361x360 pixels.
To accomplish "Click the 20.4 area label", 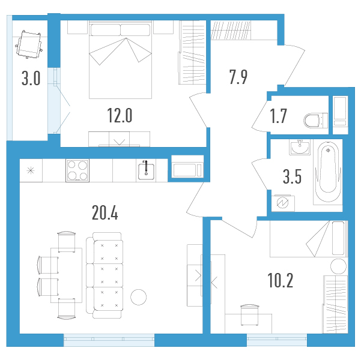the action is pos(105,213).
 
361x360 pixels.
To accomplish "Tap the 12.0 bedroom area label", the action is pos(120,115).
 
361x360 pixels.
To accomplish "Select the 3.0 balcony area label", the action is pos(31,78).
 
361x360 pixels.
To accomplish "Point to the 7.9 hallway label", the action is pos(238,77).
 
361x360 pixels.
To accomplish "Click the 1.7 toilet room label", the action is pos(278,116).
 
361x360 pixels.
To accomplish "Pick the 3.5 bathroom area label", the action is pos(292,176).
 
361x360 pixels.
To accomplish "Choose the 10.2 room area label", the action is pos(281,280).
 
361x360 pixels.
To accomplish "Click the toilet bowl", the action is pos(315,121).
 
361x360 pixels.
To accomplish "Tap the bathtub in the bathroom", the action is pos(328,172).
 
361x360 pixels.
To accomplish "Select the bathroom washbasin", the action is pos(300,148).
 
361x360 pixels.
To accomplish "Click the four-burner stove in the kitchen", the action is pos(77,170).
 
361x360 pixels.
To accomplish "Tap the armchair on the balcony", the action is pos(29,44).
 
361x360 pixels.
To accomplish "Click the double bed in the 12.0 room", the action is pos(120,59).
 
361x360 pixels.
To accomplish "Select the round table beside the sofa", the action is pos(138,297).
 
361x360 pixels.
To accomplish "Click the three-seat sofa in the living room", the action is pos(105,275).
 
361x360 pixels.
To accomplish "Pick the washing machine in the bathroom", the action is pos(283,203).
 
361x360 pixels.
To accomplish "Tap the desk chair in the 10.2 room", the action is pos(249,315).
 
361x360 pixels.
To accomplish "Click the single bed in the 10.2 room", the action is pos(309,239).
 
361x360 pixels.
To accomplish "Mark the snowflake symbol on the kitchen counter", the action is pos(31,170).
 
